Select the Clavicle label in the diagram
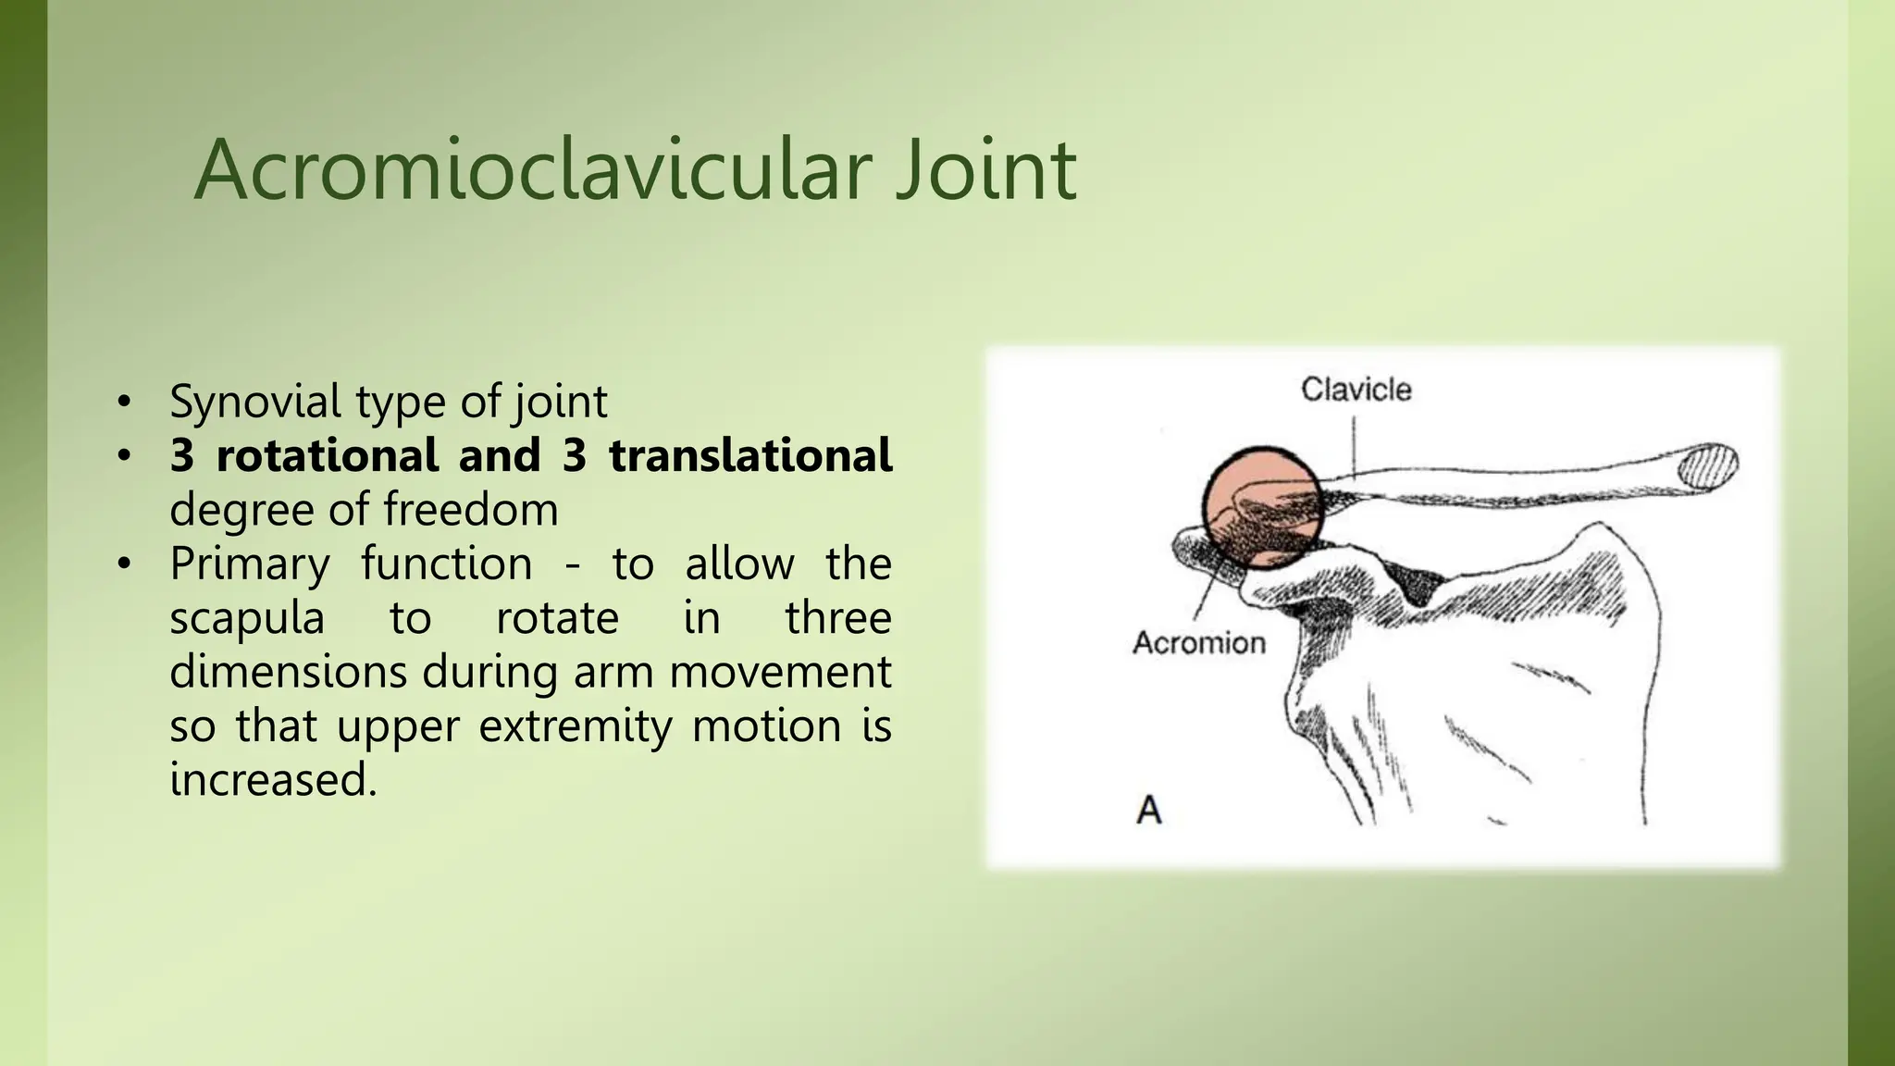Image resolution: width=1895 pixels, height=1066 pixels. (1356, 390)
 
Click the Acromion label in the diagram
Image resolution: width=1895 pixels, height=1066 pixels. (1198, 642)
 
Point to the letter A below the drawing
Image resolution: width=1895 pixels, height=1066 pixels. (1148, 810)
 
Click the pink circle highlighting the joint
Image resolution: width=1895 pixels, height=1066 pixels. (1262, 507)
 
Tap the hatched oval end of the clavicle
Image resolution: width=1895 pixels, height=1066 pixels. (1708, 465)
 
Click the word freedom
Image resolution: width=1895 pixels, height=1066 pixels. (470, 510)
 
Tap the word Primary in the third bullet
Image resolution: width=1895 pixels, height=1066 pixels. (249, 564)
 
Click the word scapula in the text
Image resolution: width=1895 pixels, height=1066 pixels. (246, 617)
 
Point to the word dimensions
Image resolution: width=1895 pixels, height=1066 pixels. (288, 671)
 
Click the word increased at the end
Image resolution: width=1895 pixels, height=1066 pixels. (272, 779)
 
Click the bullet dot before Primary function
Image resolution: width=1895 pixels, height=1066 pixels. (124, 564)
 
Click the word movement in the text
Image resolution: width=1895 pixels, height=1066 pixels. (779, 671)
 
